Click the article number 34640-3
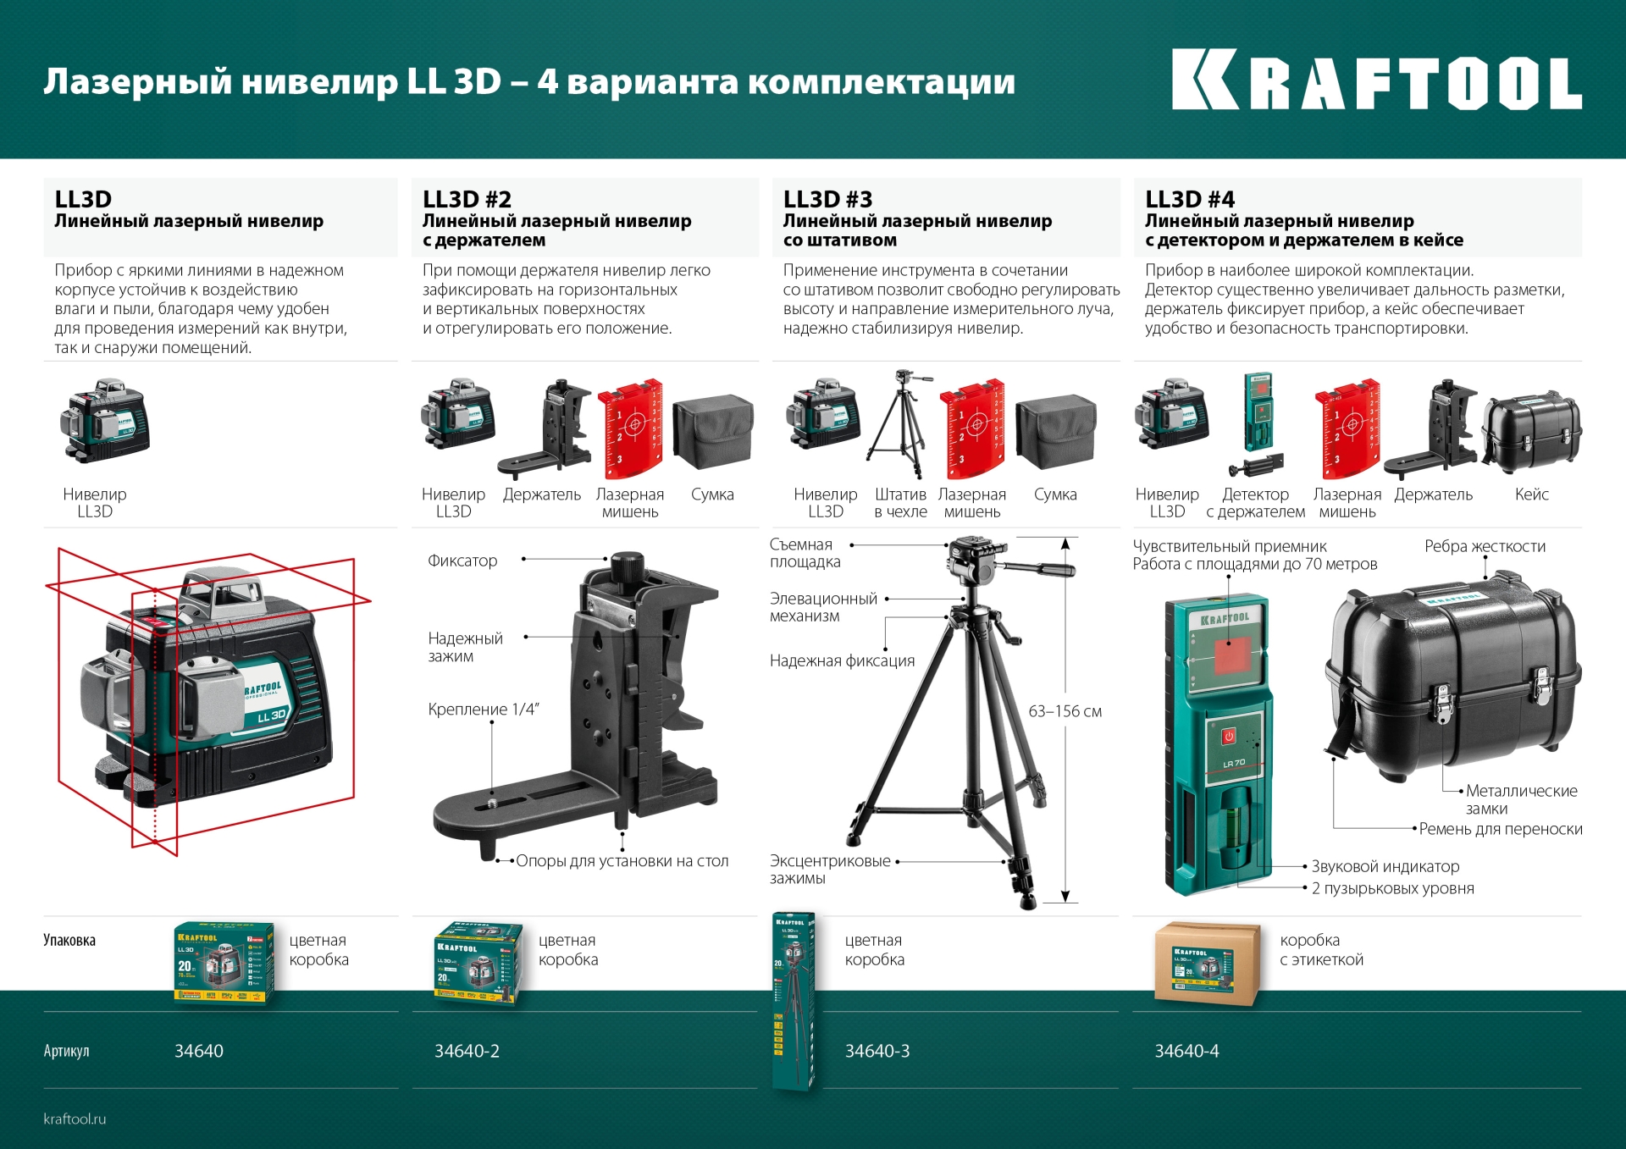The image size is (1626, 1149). click(x=877, y=1051)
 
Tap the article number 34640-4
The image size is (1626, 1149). click(x=1186, y=1051)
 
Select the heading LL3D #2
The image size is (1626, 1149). click(x=467, y=199)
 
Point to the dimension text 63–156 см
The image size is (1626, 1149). click(x=1065, y=711)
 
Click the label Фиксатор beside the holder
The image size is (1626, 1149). click(x=462, y=561)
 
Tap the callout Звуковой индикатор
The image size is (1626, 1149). click(x=1385, y=866)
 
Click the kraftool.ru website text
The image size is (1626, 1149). click(x=75, y=1119)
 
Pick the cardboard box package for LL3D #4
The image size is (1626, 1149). click(x=1206, y=964)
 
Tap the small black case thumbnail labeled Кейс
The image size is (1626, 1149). click(x=1531, y=431)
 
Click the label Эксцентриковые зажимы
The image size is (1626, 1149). click(x=830, y=869)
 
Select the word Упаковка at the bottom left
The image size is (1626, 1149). click(x=69, y=940)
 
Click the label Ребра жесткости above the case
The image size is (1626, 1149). click(x=1485, y=546)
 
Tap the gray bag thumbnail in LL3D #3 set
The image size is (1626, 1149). click(x=1055, y=431)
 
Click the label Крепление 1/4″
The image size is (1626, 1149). click(x=484, y=710)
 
